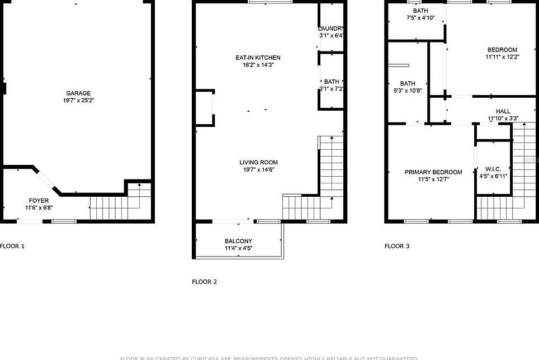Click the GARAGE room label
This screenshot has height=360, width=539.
[78, 93]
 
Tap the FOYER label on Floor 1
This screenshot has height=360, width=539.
[39, 200]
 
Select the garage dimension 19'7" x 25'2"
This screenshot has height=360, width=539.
[78, 101]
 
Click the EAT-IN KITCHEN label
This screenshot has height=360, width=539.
[258, 58]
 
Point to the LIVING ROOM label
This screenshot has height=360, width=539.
[258, 163]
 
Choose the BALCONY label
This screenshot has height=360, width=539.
[238, 241]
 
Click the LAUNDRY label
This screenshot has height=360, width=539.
[331, 29]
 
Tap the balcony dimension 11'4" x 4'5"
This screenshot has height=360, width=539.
[238, 248]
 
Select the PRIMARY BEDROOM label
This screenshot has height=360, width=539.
[433, 172]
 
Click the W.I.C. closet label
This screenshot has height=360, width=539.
[493, 169]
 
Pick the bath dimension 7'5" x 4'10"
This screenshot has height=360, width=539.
[420, 18]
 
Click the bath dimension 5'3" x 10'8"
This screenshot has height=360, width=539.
[408, 91]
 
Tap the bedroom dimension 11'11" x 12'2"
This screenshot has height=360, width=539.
[502, 57]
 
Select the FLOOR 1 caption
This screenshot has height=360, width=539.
[12, 246]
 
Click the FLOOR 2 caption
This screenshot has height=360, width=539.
[204, 282]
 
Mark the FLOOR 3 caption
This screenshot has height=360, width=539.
[397, 246]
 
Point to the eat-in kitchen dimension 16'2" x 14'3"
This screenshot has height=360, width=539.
[258, 65]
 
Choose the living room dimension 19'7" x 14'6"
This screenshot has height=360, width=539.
[258, 170]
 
